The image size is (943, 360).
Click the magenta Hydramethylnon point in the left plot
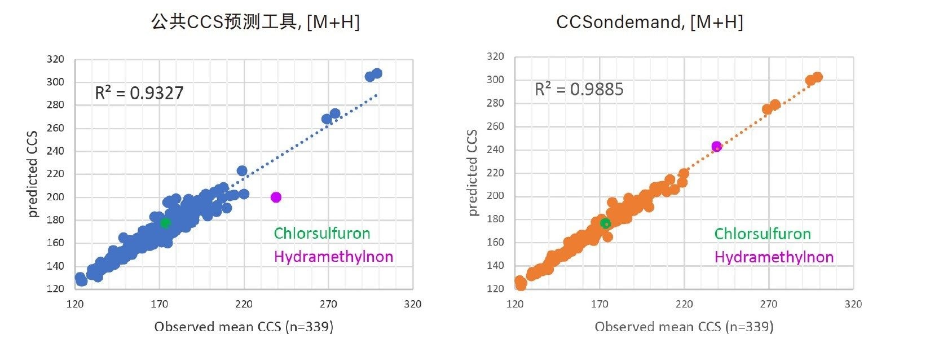point(276,197)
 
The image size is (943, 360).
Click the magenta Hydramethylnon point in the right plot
point(717,147)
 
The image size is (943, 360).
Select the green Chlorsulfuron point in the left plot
point(165,223)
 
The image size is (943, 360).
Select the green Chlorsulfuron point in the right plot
point(605,224)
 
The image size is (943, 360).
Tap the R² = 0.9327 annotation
point(139,93)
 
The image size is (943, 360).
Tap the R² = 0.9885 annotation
point(579,90)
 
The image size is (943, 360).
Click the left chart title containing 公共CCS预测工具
point(255,23)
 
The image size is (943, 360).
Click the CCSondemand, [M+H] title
point(650,23)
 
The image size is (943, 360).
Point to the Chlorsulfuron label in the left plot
point(322,234)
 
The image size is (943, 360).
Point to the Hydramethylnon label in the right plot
point(774,257)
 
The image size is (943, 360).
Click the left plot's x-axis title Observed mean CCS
point(244,327)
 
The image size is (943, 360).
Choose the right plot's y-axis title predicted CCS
point(473,173)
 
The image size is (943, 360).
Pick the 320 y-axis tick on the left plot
point(55,59)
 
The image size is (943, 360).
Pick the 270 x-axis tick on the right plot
point(769,304)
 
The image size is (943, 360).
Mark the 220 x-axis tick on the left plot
point(244,304)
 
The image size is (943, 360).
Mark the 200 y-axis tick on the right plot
point(495,196)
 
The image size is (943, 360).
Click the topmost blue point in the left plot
point(377,74)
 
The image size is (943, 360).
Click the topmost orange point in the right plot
point(817,77)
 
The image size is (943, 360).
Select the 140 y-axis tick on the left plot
point(55,266)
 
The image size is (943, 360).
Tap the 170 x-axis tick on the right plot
point(600,304)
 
